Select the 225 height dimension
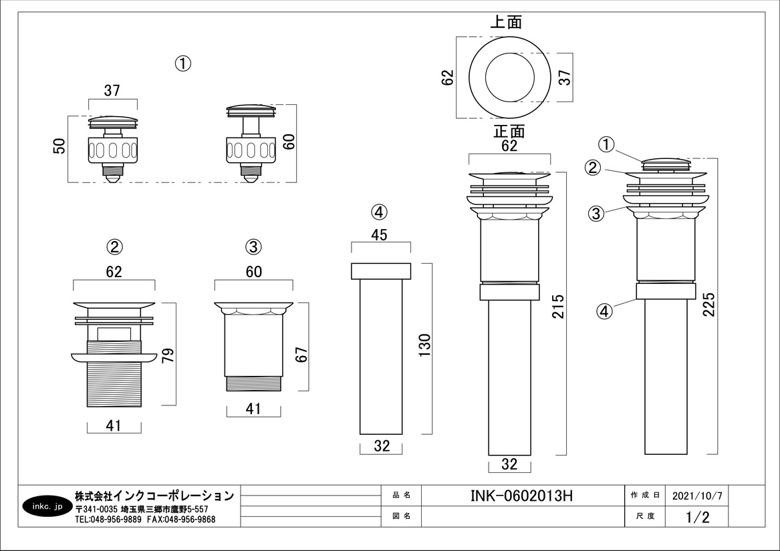[709, 305]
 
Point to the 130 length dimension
[426, 347]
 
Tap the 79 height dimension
[168, 353]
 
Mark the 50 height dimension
[59, 147]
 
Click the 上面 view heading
[506, 22]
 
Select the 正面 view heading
[509, 132]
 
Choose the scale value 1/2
[697, 516]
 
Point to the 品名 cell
[401, 496]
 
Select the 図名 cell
[401, 516]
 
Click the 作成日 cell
[645, 496]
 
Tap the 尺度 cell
[645, 516]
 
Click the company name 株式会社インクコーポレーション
[154, 496]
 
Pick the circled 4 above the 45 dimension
[378, 212]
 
